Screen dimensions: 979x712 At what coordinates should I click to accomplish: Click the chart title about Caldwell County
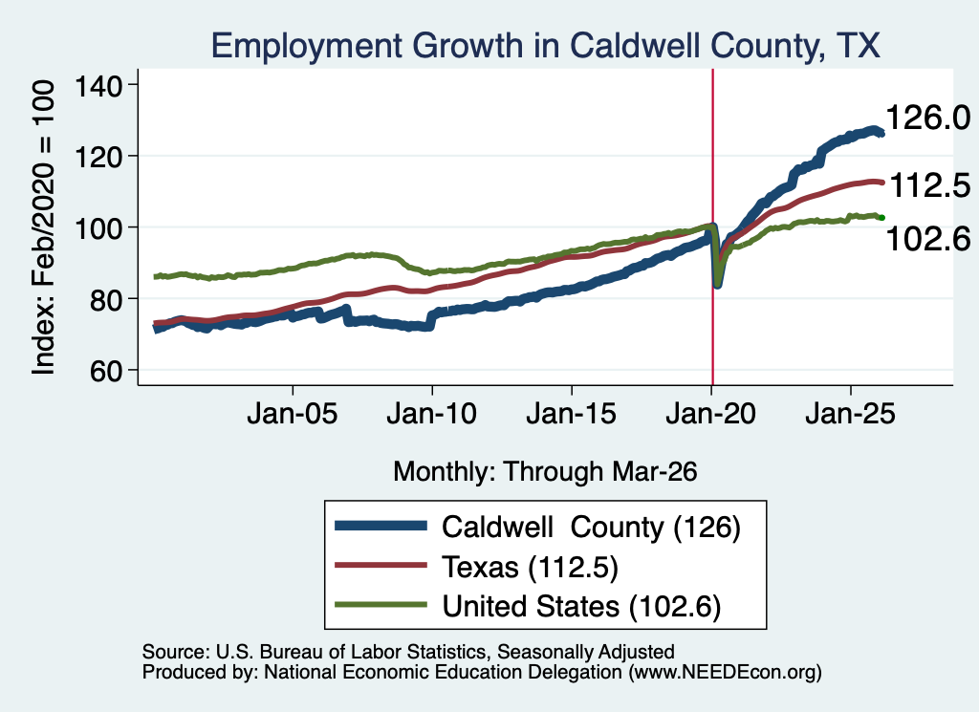pos(546,46)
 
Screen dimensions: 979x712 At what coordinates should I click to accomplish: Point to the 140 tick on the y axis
pos(98,85)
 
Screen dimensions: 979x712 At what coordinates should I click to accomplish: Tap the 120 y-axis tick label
pos(98,157)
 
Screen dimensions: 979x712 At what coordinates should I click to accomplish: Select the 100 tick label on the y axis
pos(98,227)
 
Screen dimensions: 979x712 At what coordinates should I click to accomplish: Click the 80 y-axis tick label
pos(106,299)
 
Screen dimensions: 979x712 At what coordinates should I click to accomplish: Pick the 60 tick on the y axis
pos(106,371)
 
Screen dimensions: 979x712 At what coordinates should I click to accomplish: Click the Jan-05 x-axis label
pos(293,414)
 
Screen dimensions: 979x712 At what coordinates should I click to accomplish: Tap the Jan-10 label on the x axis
pos(431,414)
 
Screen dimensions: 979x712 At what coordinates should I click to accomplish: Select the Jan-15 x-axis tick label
pos(572,414)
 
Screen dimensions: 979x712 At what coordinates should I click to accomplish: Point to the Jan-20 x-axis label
pos(710,414)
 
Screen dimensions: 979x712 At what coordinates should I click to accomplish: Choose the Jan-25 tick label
pos(850,414)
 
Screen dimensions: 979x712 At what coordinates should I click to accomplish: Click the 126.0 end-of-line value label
pos(928,118)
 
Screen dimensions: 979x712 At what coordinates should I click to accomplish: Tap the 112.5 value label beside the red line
pos(929,185)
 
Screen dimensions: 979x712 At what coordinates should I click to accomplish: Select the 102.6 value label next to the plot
pos(928,238)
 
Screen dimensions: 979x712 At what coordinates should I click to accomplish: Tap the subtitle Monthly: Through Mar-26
pos(545,472)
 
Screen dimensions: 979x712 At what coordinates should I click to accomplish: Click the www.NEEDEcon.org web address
pos(725,672)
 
